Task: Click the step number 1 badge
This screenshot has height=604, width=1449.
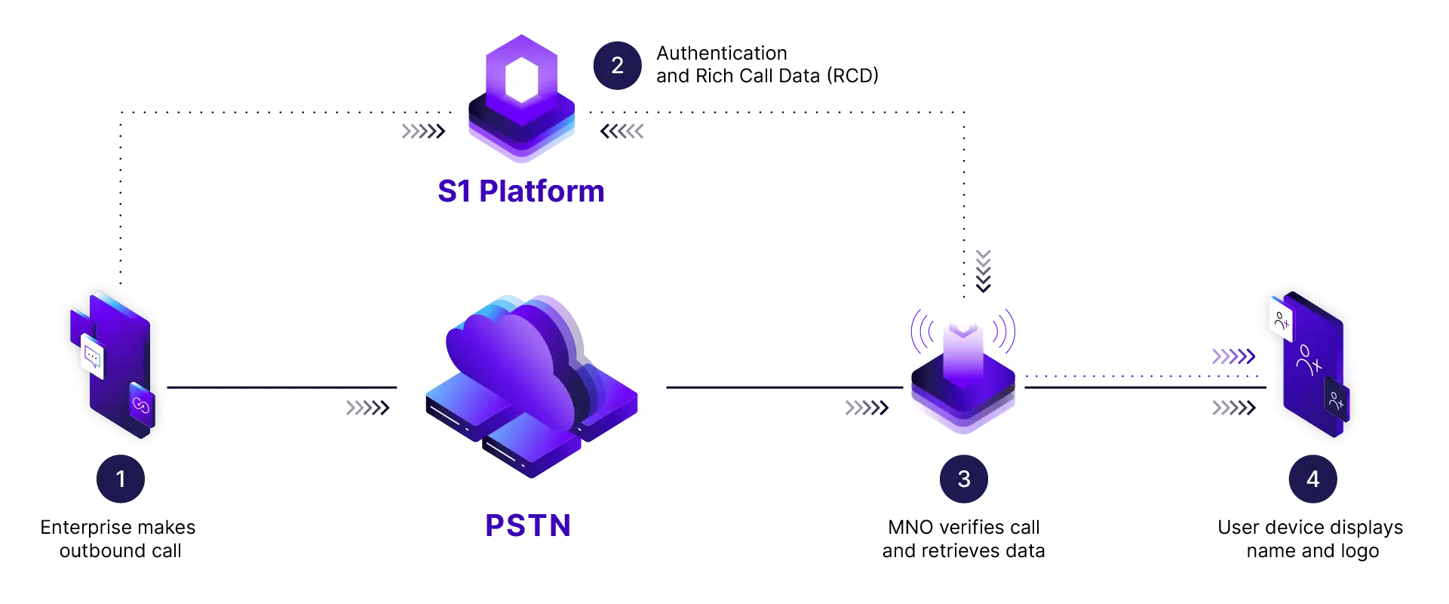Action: tap(121, 479)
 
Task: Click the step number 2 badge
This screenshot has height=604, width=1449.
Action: tap(617, 65)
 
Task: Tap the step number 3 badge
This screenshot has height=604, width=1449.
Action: tap(963, 479)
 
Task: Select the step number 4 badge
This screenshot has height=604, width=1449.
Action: tap(1312, 479)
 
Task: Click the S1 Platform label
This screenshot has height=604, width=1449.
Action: tap(520, 192)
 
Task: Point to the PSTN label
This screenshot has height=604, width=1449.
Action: tap(528, 525)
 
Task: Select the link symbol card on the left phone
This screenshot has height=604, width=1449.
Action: tap(141, 405)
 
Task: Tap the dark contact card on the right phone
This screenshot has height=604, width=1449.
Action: tap(1336, 400)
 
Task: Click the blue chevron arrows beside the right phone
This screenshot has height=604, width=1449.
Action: tap(1230, 356)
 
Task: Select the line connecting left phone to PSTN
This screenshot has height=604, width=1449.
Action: tap(279, 387)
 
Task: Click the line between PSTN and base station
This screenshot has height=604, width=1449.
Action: tap(784, 387)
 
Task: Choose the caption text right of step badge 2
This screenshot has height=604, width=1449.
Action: tap(766, 65)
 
